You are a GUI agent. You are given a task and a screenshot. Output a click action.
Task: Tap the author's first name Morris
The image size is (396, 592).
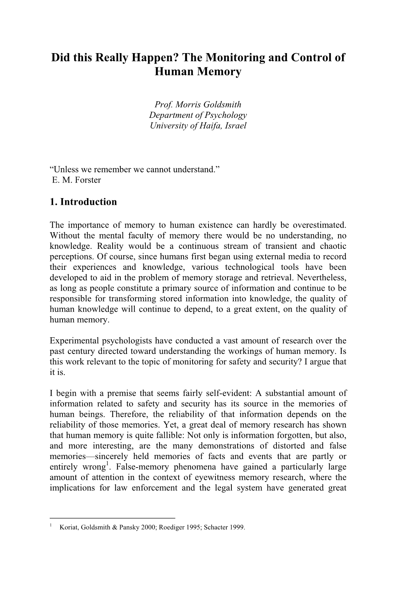pyautogui.click(x=188, y=105)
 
